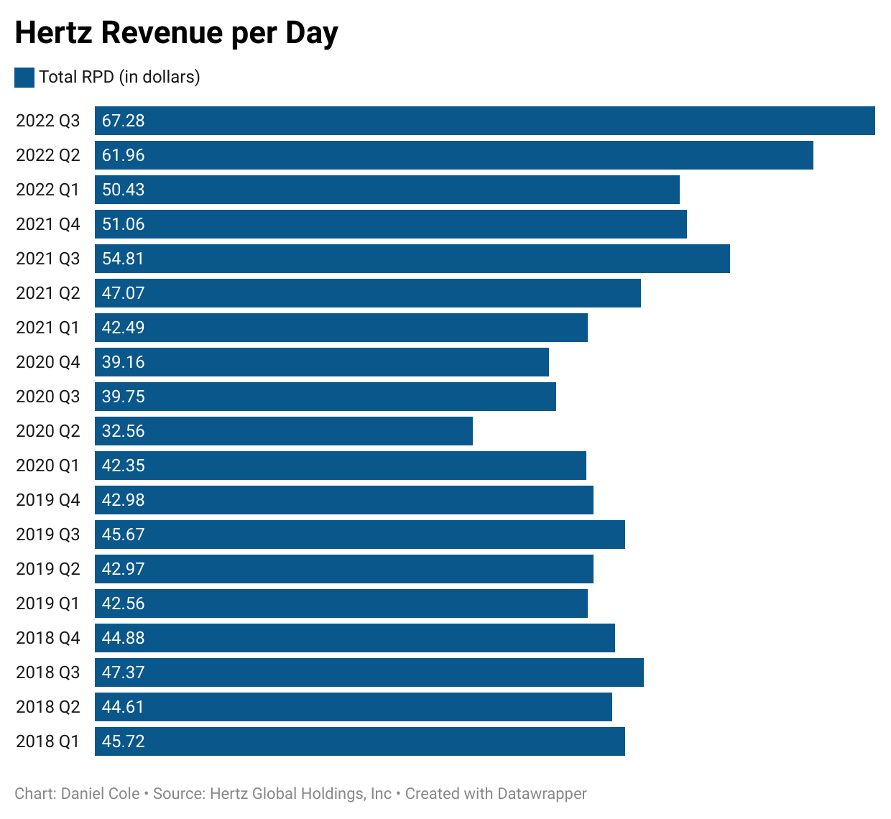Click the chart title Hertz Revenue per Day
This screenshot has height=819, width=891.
(x=176, y=33)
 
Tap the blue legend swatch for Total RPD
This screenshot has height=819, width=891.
(x=24, y=78)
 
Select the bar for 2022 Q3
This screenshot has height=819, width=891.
(x=484, y=121)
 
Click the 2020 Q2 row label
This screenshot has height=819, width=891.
(x=48, y=431)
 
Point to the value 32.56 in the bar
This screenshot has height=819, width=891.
(x=123, y=431)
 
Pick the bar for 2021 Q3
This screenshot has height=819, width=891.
(x=412, y=259)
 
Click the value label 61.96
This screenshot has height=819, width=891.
(x=123, y=155)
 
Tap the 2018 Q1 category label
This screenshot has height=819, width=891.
(x=48, y=741)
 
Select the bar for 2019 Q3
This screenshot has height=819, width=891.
(x=359, y=535)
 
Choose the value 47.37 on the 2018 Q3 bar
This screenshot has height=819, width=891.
(x=123, y=672)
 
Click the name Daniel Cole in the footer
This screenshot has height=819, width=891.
(x=101, y=794)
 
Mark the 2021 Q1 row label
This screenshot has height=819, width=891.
(x=48, y=328)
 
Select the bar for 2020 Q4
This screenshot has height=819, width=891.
(x=321, y=362)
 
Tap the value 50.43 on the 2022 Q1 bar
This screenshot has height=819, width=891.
(x=123, y=190)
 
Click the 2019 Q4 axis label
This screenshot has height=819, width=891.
(x=48, y=500)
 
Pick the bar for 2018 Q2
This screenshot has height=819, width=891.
(x=353, y=707)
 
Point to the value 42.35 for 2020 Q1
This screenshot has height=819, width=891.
(x=123, y=466)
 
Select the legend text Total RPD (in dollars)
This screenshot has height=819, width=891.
(x=119, y=78)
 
